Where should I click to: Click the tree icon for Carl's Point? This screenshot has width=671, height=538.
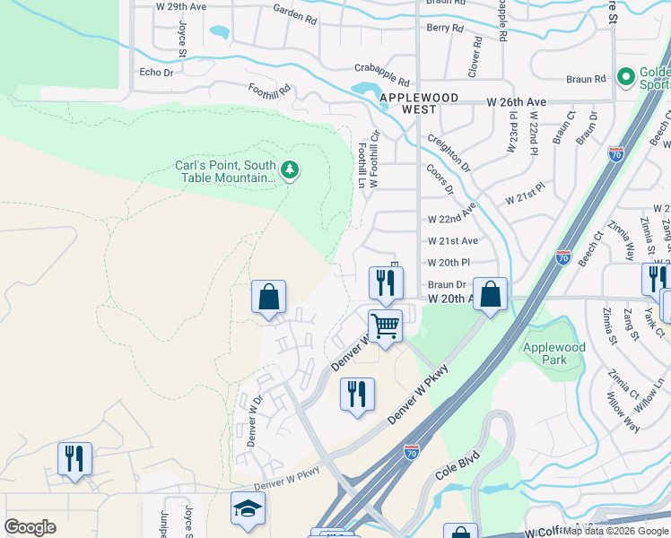289,169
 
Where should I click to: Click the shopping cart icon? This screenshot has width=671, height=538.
386,325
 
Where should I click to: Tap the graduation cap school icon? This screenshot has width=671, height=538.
248,508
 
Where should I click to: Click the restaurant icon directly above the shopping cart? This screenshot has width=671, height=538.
386,283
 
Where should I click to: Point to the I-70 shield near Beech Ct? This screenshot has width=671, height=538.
563,257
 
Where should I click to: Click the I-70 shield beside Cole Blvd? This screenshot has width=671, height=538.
411,453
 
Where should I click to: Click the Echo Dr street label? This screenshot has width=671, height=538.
156,73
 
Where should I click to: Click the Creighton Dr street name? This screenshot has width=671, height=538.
448,150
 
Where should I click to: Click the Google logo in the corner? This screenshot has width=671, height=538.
30,527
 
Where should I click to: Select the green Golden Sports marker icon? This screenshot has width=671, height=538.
626,76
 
